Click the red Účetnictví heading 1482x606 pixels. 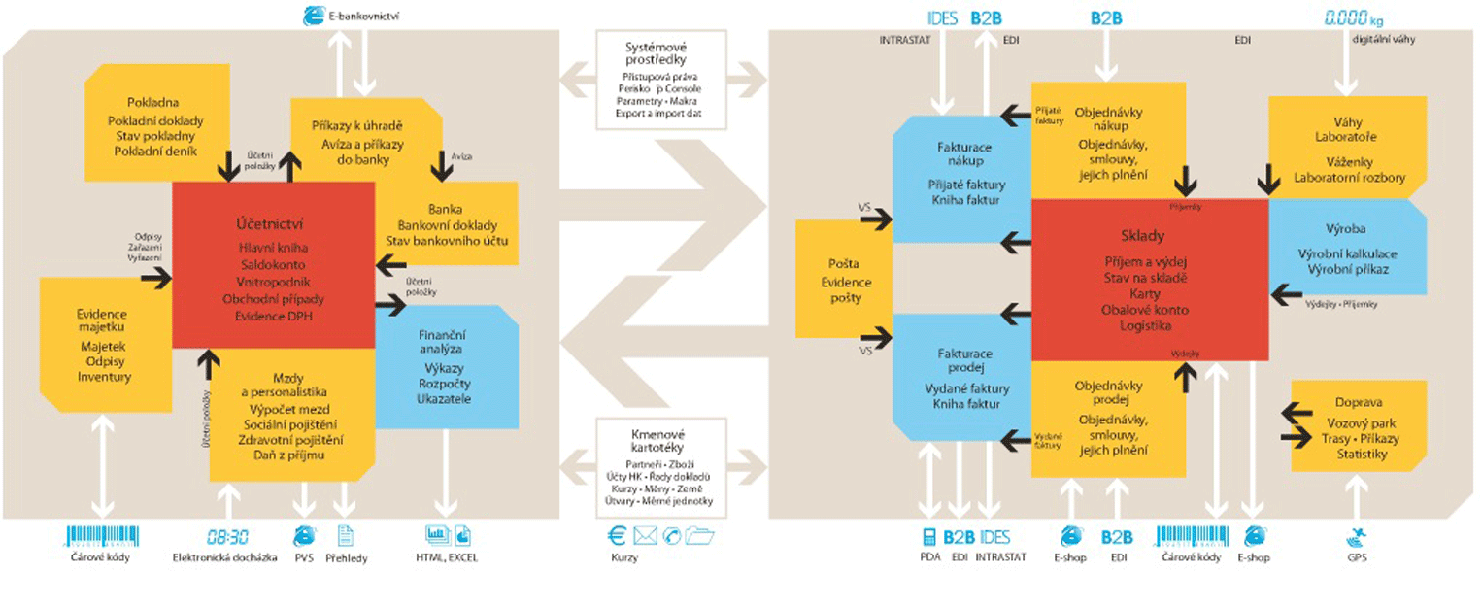pyautogui.click(x=273, y=221)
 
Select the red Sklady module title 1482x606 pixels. pyautogui.click(x=1149, y=236)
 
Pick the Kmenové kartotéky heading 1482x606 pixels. pyautogui.click(x=657, y=441)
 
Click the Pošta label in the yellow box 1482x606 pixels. pyautogui.click(x=844, y=263)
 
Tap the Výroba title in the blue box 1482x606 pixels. pyautogui.click(x=1345, y=229)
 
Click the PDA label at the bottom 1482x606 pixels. pyautogui.click(x=929, y=557)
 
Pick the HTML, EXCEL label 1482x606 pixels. pyautogui.click(x=447, y=557)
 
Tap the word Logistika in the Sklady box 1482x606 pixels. pyautogui.click(x=1145, y=326)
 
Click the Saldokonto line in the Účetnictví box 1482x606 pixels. pyautogui.click(x=273, y=264)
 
